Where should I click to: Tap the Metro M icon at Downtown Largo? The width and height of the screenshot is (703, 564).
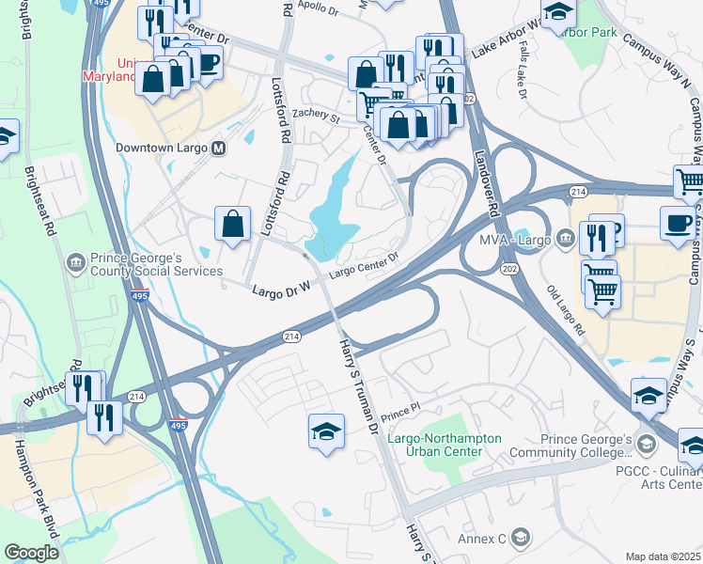click(x=218, y=149)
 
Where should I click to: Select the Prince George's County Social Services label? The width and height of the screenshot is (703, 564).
click(x=155, y=262)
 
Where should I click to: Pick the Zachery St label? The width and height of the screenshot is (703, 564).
click(x=315, y=117)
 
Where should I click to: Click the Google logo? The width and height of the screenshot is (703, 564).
click(x=31, y=552)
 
